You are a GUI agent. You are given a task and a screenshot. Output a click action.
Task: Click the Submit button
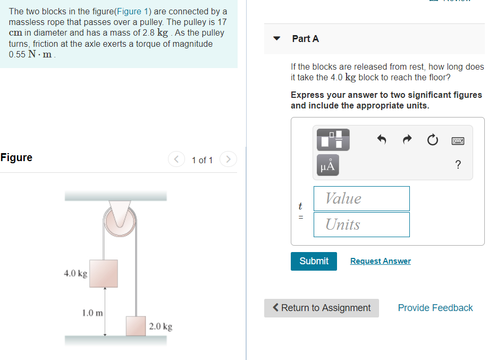point(314,261)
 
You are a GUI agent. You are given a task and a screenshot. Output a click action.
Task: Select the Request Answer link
point(380,261)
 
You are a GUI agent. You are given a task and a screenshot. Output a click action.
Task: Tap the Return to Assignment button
point(322,308)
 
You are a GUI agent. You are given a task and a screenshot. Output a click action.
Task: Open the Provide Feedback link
point(435,308)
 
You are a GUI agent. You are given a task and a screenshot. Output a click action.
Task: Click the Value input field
point(361,198)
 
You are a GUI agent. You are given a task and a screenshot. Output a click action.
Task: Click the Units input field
point(361,224)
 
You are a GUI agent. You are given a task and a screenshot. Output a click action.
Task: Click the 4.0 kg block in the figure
point(104,273)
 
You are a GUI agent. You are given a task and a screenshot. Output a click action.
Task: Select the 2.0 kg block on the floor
point(136,325)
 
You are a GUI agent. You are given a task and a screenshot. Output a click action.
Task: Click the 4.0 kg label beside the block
point(75,273)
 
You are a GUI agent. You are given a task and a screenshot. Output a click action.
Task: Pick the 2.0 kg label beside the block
point(161,326)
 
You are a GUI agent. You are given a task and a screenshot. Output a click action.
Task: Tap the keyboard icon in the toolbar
point(458,141)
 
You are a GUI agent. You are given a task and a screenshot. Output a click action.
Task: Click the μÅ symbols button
point(328,165)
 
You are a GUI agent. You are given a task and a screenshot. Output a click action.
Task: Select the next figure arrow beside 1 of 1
point(228,160)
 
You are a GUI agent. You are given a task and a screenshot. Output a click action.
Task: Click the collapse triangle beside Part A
point(276,38)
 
